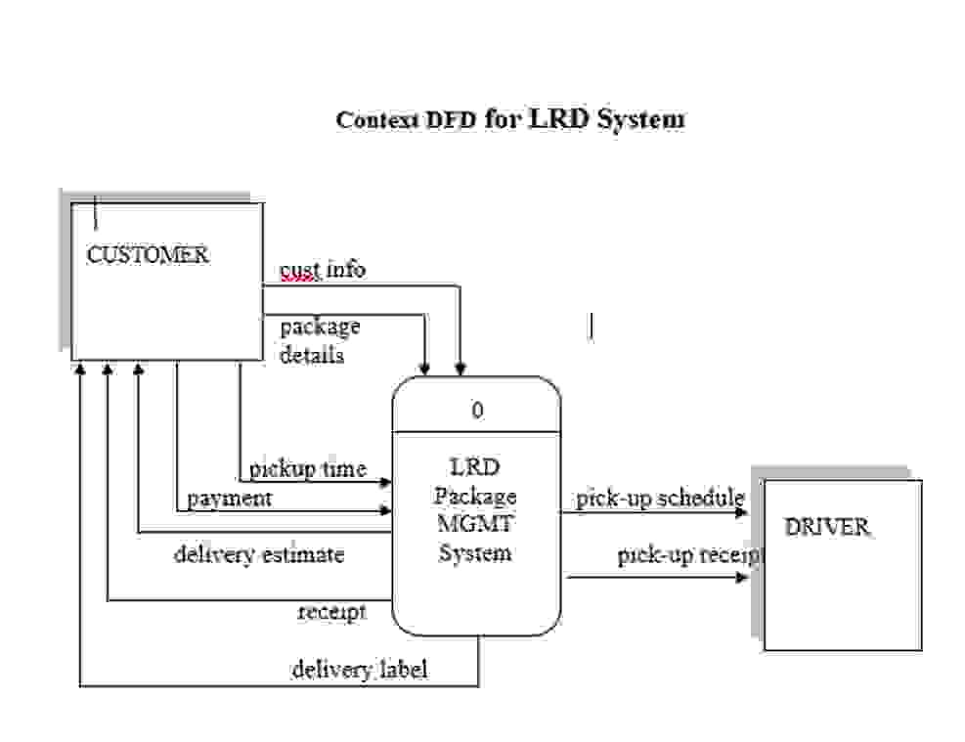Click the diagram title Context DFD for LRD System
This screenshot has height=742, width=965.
point(509,119)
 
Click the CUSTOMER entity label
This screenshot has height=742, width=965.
point(147,255)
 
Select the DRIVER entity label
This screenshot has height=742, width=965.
point(826,527)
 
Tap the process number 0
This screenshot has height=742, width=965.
point(477,411)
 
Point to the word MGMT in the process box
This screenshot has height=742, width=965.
point(475,523)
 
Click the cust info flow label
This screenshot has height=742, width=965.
point(323,269)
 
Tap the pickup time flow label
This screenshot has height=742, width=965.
point(307,469)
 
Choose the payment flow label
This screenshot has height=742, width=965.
point(230,499)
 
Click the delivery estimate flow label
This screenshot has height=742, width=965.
point(259,555)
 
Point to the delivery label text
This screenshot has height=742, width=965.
point(359,671)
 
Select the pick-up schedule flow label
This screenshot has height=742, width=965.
point(660,499)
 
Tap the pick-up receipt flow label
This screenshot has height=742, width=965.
point(689,555)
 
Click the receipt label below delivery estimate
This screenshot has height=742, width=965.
point(331,612)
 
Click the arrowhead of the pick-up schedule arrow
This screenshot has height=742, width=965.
point(742,511)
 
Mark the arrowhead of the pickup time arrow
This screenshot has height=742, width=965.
point(387,482)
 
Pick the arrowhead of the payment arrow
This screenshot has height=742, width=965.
point(387,510)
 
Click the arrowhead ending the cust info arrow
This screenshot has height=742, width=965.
point(460,371)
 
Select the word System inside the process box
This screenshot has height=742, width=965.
point(475,553)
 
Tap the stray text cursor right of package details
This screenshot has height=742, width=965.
point(591,326)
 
